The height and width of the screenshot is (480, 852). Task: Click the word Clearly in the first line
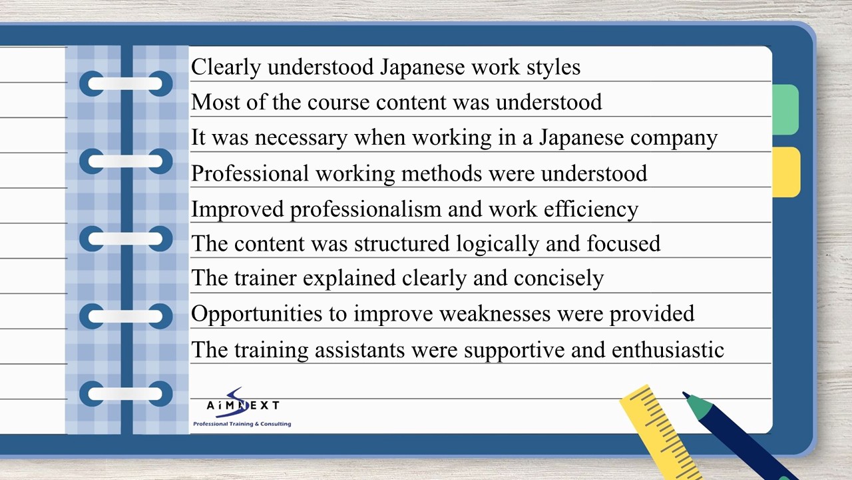click(x=226, y=67)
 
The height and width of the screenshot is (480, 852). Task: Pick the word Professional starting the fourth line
click(x=250, y=173)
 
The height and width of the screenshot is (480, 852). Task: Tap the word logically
click(x=497, y=243)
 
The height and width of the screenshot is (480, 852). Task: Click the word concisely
click(x=558, y=278)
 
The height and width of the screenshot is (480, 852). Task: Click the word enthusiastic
click(x=668, y=350)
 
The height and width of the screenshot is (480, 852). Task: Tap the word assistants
click(x=359, y=350)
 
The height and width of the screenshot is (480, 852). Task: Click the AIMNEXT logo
click(x=243, y=403)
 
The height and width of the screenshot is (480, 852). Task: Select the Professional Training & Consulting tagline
click(x=242, y=423)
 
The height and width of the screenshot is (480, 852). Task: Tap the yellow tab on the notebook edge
click(x=786, y=172)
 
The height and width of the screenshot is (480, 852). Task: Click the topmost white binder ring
click(x=125, y=83)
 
